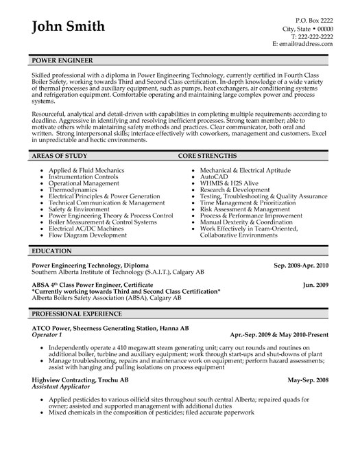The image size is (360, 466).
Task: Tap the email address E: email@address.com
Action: coord(303,43)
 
